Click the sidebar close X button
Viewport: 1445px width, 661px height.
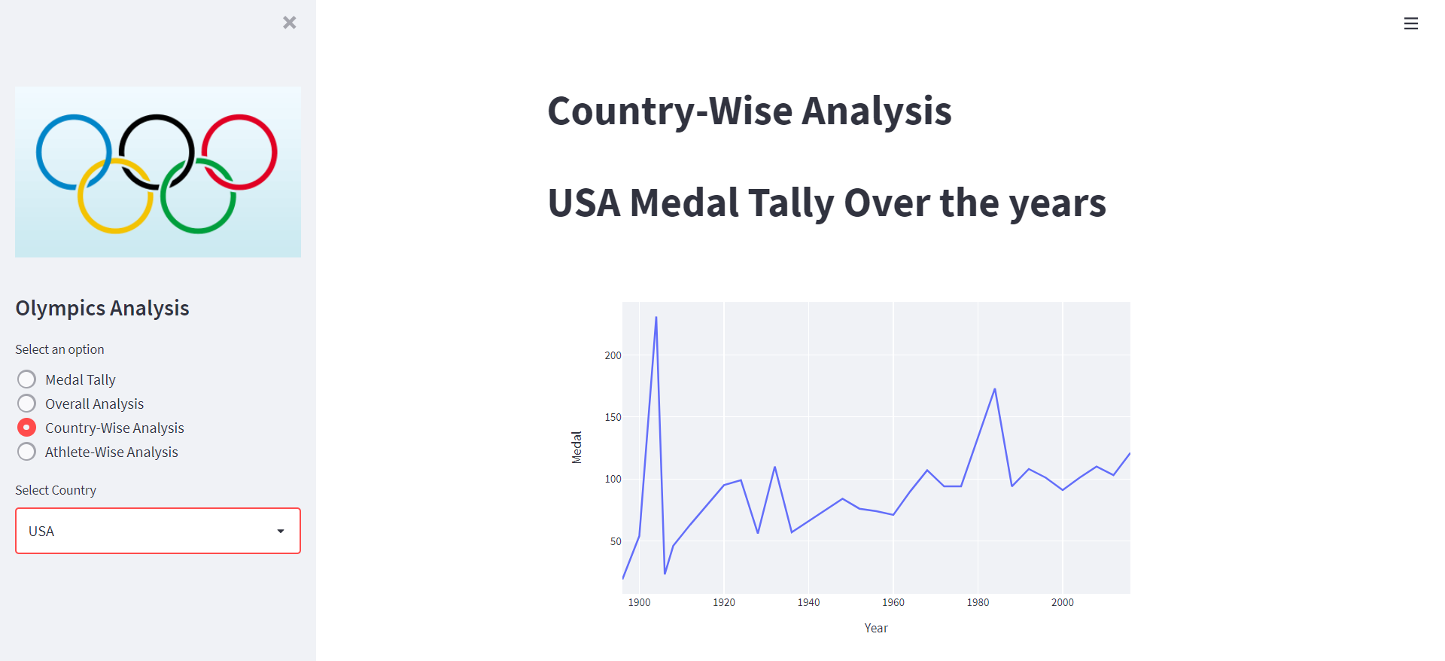click(290, 23)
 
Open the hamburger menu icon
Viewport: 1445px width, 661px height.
click(1410, 24)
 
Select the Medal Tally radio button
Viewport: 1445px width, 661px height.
click(27, 379)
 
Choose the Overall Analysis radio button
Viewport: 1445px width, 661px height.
click(27, 404)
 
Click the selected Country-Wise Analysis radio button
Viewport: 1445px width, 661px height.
click(27, 428)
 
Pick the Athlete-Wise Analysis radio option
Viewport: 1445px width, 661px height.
click(27, 452)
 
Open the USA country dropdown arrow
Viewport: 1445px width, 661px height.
click(281, 532)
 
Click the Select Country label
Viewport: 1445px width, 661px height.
click(56, 490)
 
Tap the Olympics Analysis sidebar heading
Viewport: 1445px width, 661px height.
click(102, 308)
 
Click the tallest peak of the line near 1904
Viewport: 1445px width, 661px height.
click(656, 318)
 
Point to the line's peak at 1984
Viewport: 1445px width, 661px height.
click(995, 389)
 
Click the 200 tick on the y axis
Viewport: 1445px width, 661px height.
click(613, 355)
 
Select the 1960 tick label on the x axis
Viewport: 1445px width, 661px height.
click(893, 602)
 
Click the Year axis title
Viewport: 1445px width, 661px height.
click(876, 628)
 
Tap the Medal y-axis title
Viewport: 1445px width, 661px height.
click(576, 447)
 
